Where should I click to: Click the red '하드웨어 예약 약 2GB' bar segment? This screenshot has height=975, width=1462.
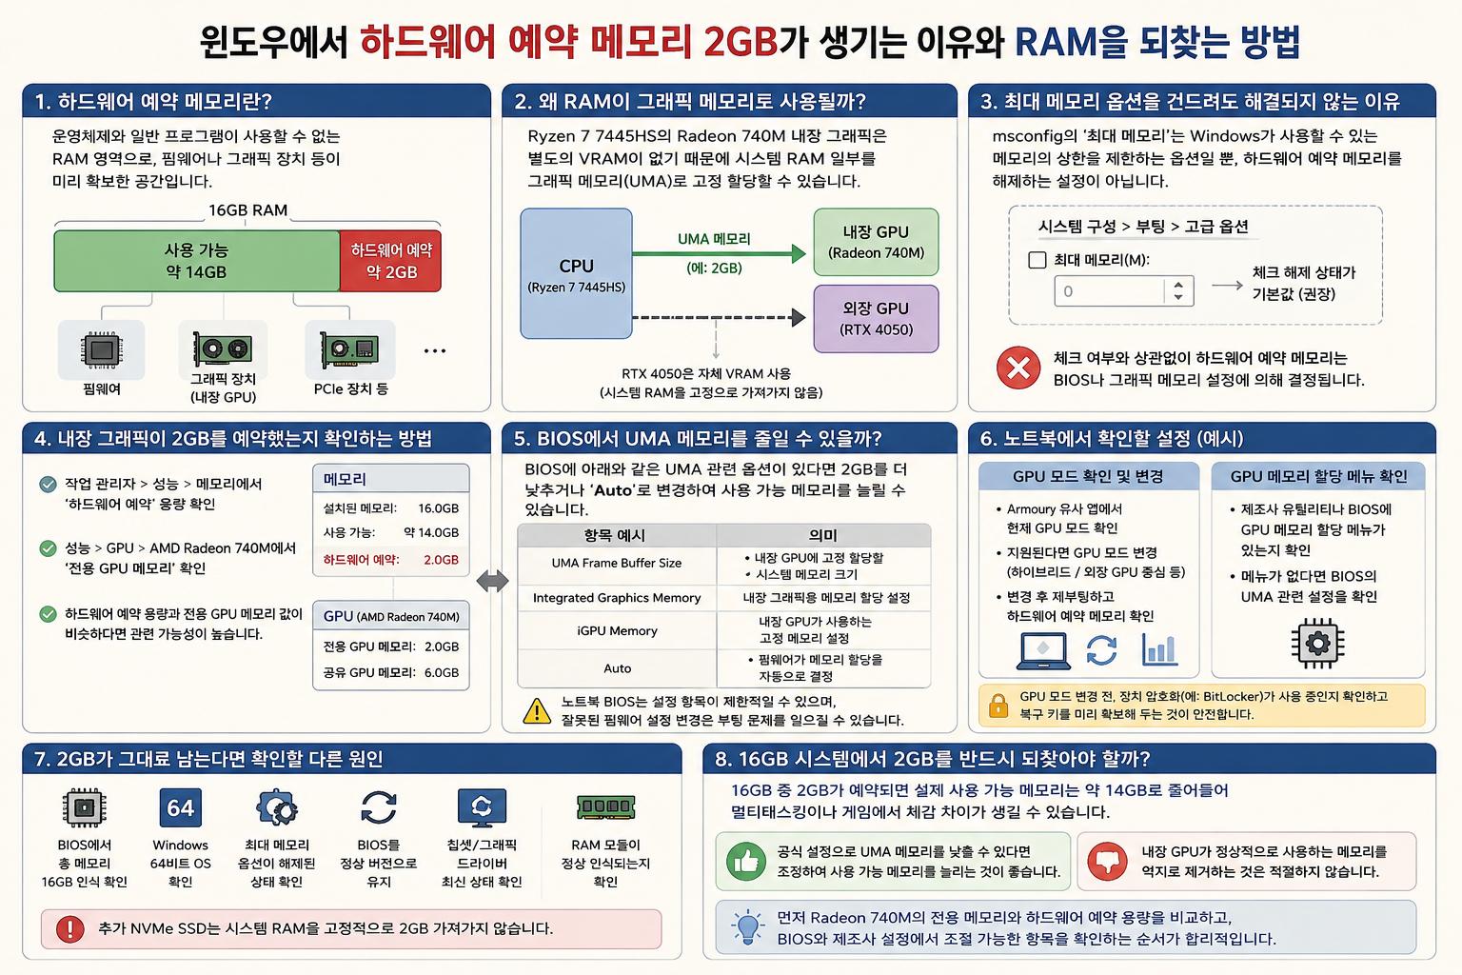click(390, 261)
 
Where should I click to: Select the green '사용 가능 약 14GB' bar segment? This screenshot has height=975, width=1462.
click(196, 261)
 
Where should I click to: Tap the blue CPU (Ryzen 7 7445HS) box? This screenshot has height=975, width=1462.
click(576, 273)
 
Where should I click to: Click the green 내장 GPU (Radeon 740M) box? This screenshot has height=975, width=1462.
click(876, 242)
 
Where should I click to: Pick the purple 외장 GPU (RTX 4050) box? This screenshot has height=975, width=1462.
click(876, 319)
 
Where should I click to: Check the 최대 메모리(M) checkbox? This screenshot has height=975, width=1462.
click(1037, 260)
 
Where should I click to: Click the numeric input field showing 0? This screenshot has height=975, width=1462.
click(1124, 291)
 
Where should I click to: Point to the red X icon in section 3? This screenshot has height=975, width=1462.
click(1018, 368)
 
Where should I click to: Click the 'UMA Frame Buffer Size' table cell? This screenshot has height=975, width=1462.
click(617, 563)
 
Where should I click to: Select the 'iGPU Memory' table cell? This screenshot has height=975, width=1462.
click(617, 631)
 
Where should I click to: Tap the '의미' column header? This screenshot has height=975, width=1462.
click(822, 535)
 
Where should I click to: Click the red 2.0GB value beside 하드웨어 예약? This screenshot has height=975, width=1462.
click(442, 560)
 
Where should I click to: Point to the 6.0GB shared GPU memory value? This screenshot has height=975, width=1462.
click(442, 672)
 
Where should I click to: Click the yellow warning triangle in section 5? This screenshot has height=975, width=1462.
click(537, 711)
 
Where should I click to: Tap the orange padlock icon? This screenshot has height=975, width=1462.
click(998, 706)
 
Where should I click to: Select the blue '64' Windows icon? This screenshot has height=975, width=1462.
click(180, 807)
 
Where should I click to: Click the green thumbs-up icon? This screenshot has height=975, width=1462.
click(746, 861)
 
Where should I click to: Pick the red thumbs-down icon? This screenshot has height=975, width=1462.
click(1108, 861)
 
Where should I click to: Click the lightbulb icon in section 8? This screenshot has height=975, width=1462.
click(747, 927)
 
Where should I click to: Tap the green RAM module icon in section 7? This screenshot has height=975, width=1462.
click(605, 806)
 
